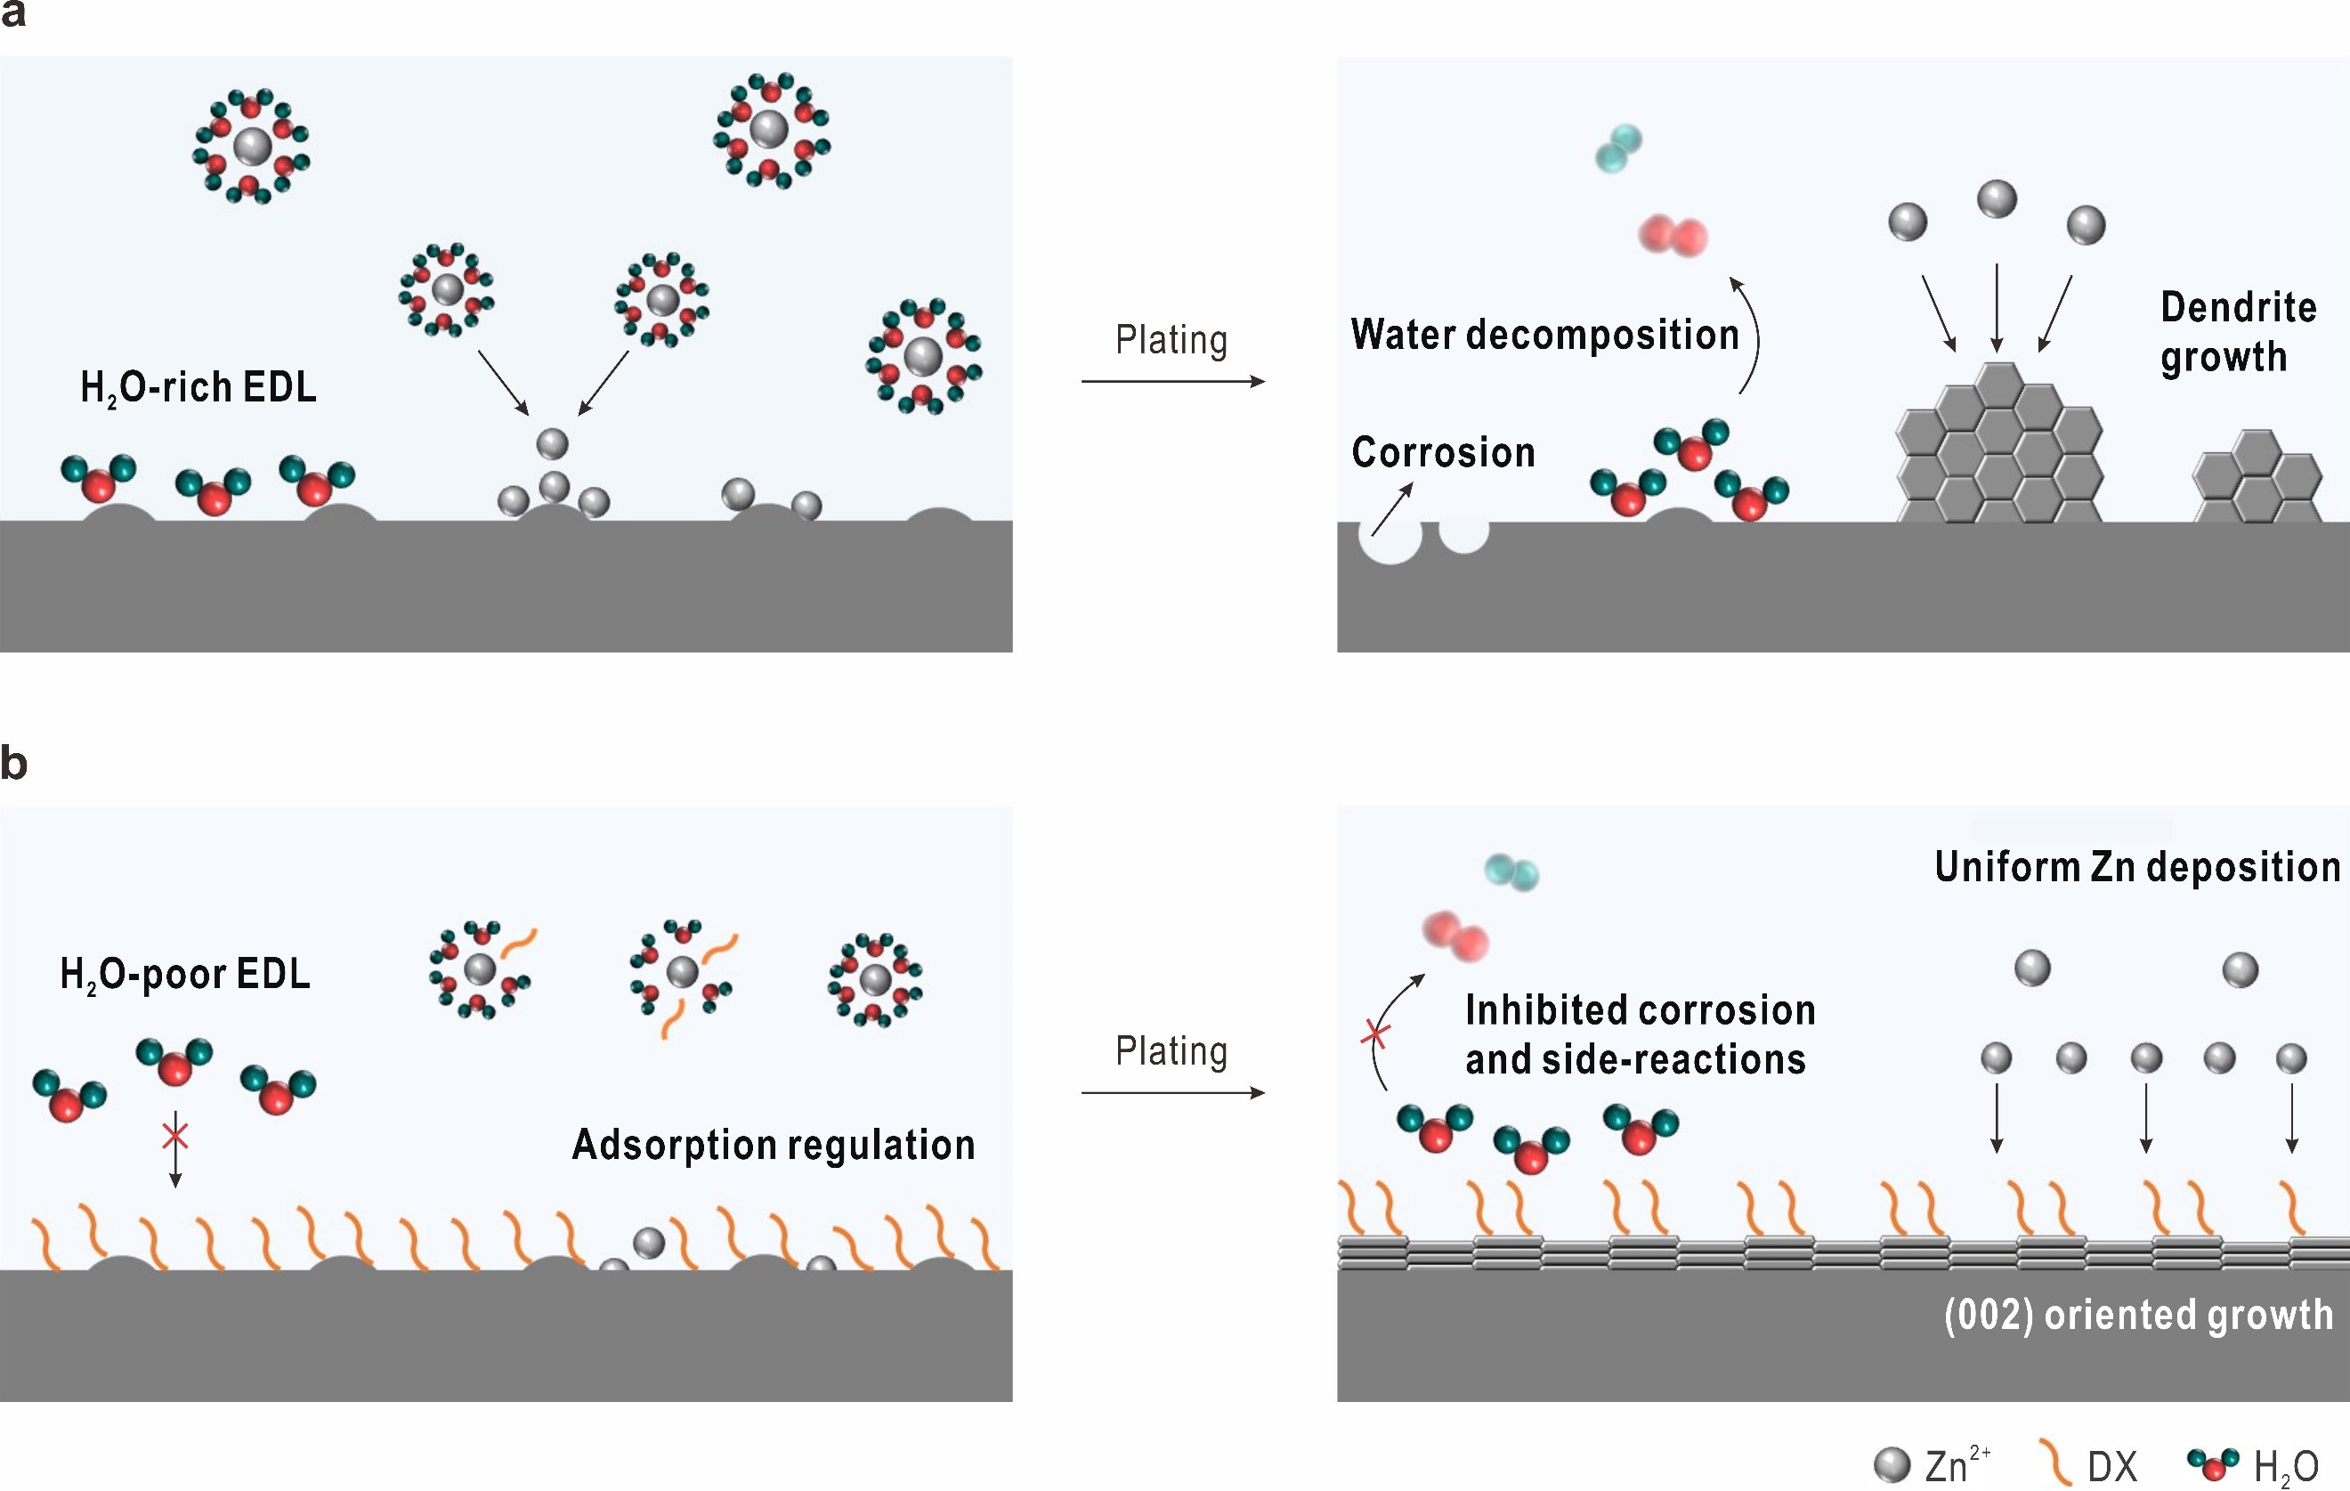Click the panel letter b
point(13,762)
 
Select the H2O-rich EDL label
point(199,388)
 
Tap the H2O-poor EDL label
point(185,974)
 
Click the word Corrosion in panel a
point(1443,453)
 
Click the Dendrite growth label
point(2238,333)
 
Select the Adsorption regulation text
point(773,1145)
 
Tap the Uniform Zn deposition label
point(2137,866)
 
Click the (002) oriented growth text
point(2138,1316)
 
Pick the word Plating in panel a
point(1171,341)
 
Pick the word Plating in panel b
point(1171,1052)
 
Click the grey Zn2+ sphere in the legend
point(1892,1464)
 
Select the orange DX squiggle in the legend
point(2055,1463)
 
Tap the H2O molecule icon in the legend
point(2212,1463)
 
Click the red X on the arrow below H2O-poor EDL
point(174,1136)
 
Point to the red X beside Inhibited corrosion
point(1376,1033)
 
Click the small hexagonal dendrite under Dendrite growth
point(2257,477)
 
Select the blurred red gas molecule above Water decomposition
point(1673,236)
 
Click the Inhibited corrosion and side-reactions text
point(1640,1035)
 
